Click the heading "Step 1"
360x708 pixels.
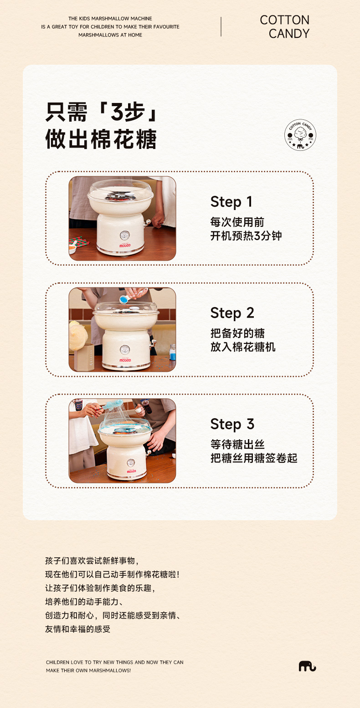click(x=231, y=202)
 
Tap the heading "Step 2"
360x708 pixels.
click(x=232, y=313)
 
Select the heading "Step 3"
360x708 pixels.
click(x=232, y=424)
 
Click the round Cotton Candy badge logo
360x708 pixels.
click(x=300, y=135)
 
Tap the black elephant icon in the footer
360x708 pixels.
click(x=307, y=666)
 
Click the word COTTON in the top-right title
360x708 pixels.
click(x=284, y=20)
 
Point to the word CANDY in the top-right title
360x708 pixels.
click(x=289, y=34)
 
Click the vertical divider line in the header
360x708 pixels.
click(x=221, y=26)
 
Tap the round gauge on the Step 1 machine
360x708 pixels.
click(x=125, y=235)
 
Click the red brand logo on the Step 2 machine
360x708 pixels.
click(x=125, y=360)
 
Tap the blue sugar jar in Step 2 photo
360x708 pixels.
click(x=173, y=352)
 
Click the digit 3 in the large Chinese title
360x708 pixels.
click(x=117, y=112)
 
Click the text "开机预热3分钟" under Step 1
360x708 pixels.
click(x=246, y=236)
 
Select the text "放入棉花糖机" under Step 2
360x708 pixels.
click(x=243, y=347)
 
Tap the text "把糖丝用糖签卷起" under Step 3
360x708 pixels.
click(x=254, y=458)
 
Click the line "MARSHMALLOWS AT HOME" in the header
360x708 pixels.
click(x=110, y=35)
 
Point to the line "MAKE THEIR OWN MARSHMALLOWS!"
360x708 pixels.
click(x=88, y=670)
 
